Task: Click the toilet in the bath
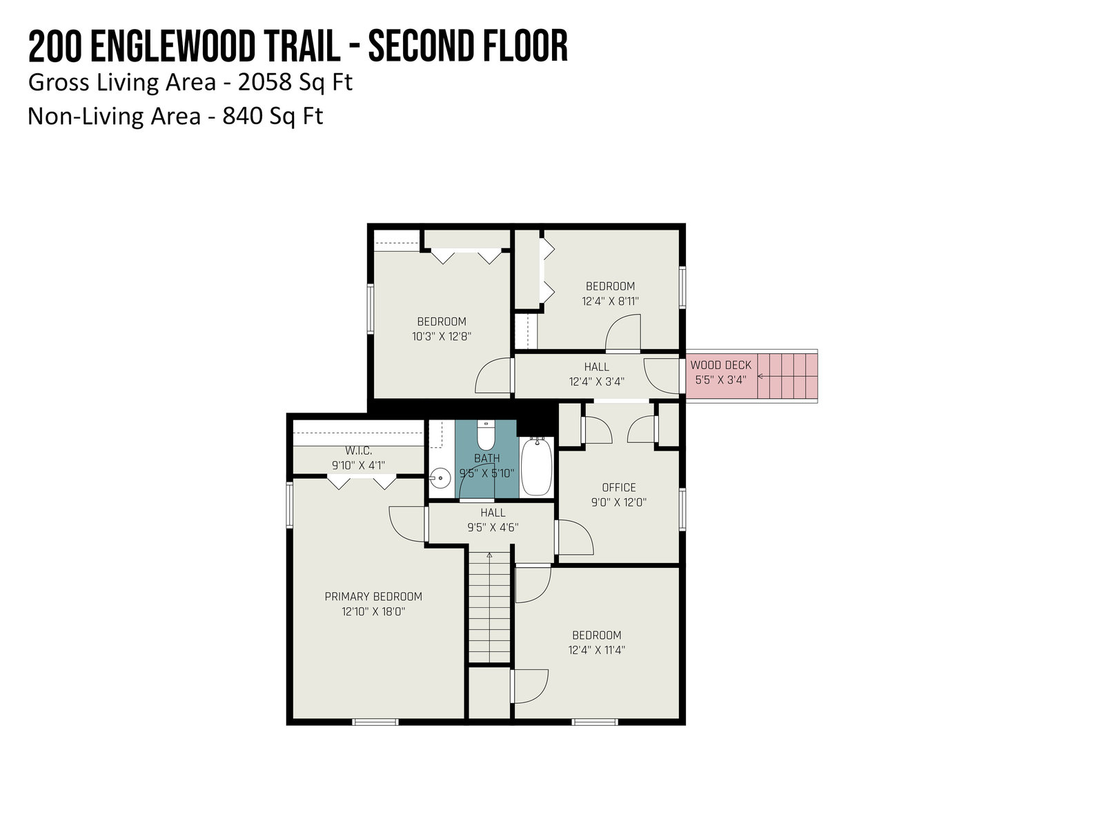486,435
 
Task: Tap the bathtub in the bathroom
537,466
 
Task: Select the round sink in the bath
441,477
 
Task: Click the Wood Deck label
721,365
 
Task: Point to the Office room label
619,487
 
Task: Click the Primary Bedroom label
373,596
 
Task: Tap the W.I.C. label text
359,451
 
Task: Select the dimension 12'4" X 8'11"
610,301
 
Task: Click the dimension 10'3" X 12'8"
442,336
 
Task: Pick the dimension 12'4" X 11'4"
597,650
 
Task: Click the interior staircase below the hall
489,607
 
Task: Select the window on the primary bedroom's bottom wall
375,722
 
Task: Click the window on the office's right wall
682,509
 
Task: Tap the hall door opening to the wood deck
662,376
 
